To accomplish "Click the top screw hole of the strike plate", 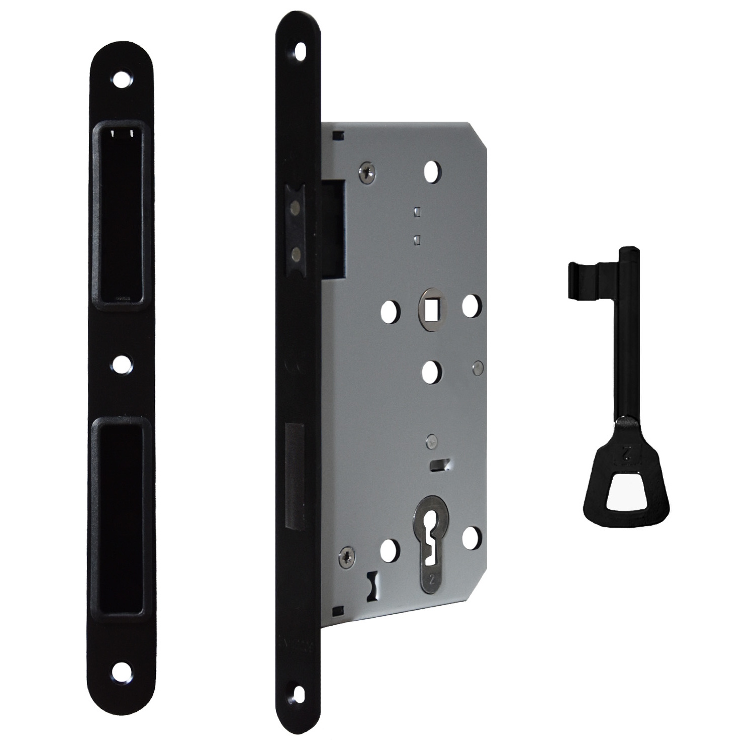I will pos(121,79).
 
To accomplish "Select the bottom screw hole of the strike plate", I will pos(121,669).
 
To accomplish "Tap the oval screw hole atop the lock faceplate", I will pos(301,52).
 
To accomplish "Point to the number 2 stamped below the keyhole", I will pos(431,579).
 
